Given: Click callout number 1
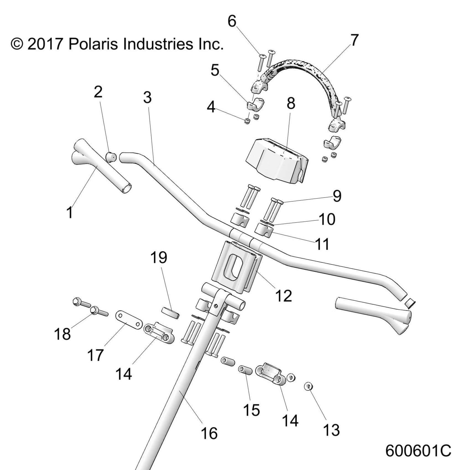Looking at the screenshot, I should (x=70, y=213).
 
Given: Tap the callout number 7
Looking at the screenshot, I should (x=354, y=40).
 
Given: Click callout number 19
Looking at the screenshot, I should (x=159, y=257).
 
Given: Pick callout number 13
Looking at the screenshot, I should (x=331, y=430).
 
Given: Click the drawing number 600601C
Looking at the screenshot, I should (x=418, y=450).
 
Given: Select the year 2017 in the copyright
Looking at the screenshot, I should (x=44, y=44).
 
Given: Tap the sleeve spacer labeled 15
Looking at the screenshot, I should (x=245, y=370).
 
